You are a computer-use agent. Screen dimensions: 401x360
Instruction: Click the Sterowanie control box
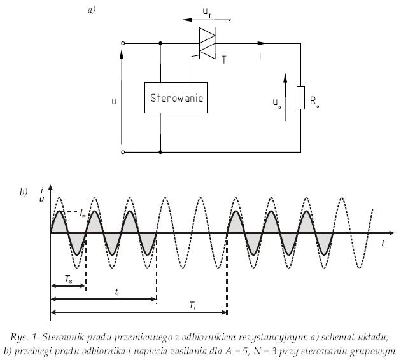[x=176, y=97]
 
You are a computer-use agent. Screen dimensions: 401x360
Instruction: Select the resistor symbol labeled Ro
[x=300, y=97]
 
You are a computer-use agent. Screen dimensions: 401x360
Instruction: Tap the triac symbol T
[x=207, y=43]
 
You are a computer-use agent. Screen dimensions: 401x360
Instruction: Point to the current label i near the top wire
[x=260, y=55]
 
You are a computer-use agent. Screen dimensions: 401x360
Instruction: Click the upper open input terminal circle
[x=123, y=43]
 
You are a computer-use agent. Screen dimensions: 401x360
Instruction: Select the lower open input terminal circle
[x=123, y=152]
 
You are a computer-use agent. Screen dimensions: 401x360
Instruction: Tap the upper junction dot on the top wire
[x=160, y=43]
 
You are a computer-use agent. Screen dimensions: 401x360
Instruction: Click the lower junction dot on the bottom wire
[x=160, y=152]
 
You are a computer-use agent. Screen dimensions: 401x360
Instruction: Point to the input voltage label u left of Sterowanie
[x=114, y=101]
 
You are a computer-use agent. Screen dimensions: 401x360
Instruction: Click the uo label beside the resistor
[x=276, y=103]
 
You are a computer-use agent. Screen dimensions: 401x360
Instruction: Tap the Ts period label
[x=68, y=279]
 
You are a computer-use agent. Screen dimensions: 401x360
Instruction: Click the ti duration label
[x=116, y=292]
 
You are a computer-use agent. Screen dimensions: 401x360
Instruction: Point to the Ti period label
[x=193, y=305]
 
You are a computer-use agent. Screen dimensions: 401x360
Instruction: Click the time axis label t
[x=383, y=244]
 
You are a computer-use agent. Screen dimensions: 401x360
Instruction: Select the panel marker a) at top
[x=91, y=10]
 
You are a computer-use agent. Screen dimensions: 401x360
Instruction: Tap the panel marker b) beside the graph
[x=24, y=192]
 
